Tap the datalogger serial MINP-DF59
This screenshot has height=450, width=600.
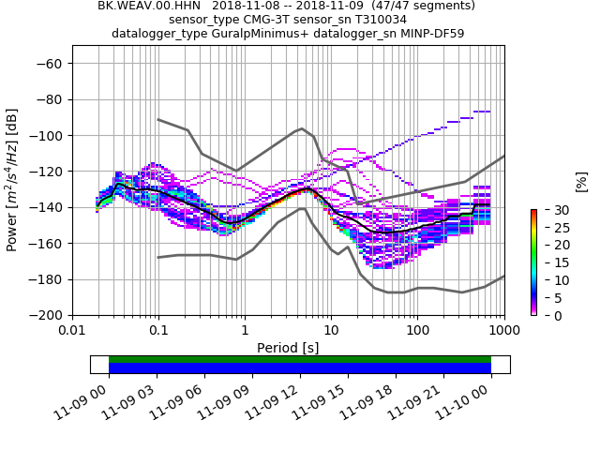click(431, 34)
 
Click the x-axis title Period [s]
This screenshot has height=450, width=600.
click(288, 348)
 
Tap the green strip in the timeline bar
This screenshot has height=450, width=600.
click(300, 359)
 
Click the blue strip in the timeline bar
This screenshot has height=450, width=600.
click(300, 368)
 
